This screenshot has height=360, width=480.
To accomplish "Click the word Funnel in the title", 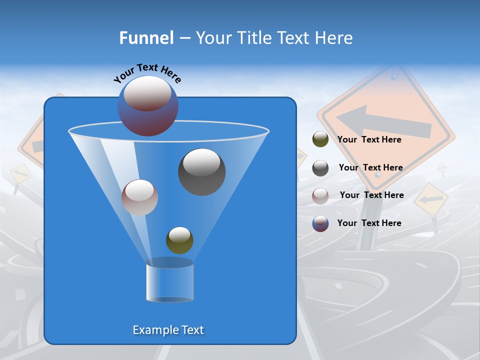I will pyautogui.click(x=146, y=38).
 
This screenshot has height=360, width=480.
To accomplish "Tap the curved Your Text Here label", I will pyautogui.click(x=147, y=73).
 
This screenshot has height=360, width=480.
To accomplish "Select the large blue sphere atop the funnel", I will pyautogui.click(x=148, y=106).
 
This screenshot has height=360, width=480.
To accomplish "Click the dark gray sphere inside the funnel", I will pyautogui.click(x=201, y=172).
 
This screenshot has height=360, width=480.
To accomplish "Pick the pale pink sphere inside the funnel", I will pyautogui.click(x=139, y=197).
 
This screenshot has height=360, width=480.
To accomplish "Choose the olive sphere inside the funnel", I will pyautogui.click(x=179, y=240).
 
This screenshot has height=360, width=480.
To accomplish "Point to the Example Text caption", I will pyautogui.click(x=168, y=330).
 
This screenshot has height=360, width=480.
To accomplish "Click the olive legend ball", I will pyautogui.click(x=320, y=139).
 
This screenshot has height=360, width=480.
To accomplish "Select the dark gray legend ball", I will pyautogui.click(x=320, y=168).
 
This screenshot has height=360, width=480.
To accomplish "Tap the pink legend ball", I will pyautogui.click(x=320, y=195).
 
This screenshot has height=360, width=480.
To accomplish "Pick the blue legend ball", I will pyautogui.click(x=320, y=223).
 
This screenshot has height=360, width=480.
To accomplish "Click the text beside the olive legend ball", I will pyautogui.click(x=369, y=140).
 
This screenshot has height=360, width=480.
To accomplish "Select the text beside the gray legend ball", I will pyautogui.click(x=370, y=168).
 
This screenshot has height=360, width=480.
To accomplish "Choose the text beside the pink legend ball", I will pyautogui.click(x=371, y=195).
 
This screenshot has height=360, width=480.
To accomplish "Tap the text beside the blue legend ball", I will pyautogui.click(x=369, y=223).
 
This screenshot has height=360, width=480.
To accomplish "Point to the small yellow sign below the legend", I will pyautogui.click(x=431, y=199).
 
